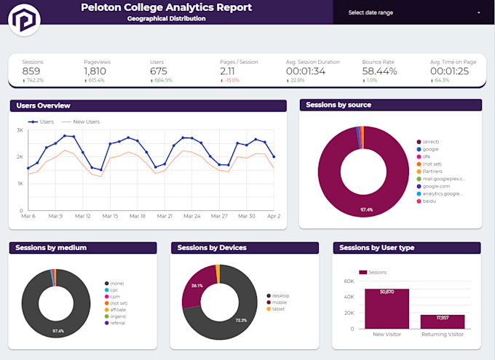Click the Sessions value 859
point(31,71)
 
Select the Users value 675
point(159,71)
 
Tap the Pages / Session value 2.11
point(228,71)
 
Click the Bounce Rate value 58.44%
point(379,71)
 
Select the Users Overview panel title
point(43,106)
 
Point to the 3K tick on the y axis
point(20,130)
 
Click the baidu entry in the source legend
point(428,201)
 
